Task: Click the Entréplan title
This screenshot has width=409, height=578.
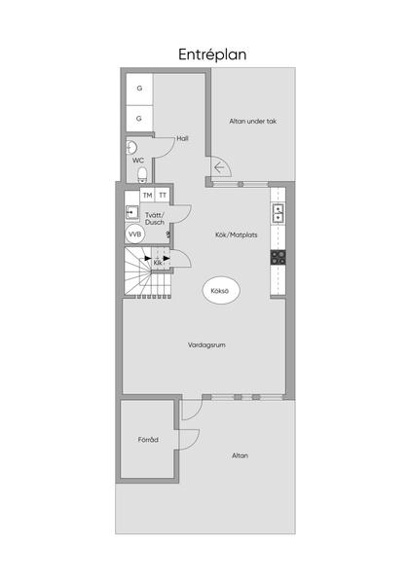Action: coord(212,54)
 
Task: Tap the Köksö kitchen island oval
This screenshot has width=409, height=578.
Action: coord(221,291)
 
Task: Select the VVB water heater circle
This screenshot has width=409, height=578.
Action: coord(135,235)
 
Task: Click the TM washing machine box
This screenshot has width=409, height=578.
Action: coord(147,195)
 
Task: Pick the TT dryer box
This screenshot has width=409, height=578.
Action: coord(163,195)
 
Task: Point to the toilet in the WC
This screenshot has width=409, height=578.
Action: coord(142,174)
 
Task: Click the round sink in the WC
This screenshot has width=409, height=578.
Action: coord(130,148)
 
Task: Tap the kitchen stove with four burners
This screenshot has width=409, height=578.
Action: coord(279,257)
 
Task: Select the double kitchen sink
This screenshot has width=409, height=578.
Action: coord(279,214)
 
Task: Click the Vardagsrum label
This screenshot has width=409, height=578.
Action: coord(206,345)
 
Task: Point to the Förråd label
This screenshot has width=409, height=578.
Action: coord(148,440)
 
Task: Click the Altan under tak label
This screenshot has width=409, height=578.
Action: coord(252,121)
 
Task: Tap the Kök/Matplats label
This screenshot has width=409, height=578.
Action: coord(237,235)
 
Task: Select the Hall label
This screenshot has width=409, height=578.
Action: coord(182,138)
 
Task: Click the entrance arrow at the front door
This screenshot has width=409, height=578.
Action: coord(219,167)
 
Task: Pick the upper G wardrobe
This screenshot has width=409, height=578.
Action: coord(139,90)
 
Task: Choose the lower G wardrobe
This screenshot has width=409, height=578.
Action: coord(139,119)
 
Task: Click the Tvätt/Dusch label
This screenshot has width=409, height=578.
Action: coord(155,219)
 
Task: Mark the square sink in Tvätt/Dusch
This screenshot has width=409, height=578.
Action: coord(131,212)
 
